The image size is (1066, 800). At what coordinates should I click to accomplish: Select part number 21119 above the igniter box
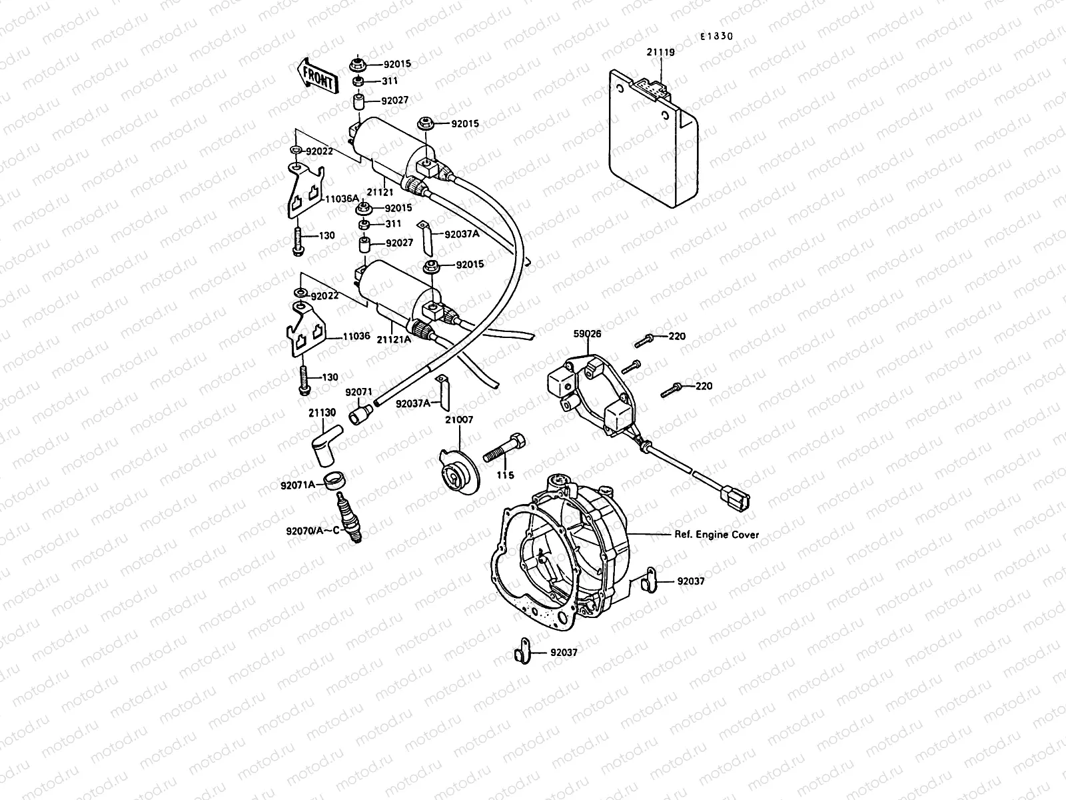(660, 51)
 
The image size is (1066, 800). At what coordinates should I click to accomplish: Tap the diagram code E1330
(716, 37)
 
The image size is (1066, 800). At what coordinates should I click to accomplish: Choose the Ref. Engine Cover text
(711, 535)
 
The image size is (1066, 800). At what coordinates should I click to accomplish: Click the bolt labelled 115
(504, 446)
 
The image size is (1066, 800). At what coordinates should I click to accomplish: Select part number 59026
(586, 334)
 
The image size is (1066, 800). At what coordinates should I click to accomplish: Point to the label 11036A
(342, 199)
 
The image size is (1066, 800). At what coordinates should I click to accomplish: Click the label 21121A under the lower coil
(394, 339)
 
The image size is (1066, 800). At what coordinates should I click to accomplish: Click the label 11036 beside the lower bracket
(356, 337)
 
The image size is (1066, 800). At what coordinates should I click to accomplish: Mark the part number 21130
(322, 413)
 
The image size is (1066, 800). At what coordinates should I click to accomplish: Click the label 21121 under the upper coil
(382, 192)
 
